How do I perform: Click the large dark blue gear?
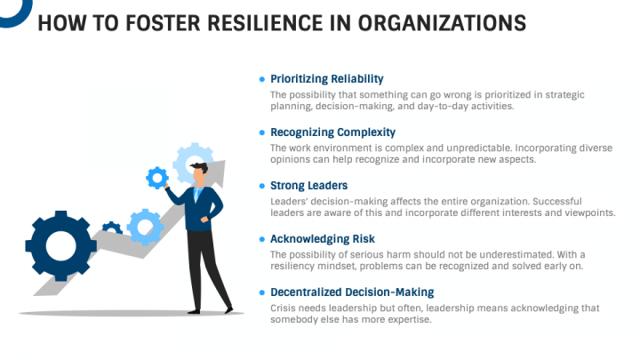pos(60,244)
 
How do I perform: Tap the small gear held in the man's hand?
pos(157,178)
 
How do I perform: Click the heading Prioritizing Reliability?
pos(327,79)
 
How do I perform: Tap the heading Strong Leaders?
pos(308,186)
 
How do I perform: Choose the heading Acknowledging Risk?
pos(323,239)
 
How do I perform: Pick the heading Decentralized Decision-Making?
pos(352,292)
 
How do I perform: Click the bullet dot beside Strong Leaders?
pos(261,186)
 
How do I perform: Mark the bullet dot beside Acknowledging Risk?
pos(261,239)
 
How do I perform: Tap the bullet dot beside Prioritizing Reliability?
pos(261,79)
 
